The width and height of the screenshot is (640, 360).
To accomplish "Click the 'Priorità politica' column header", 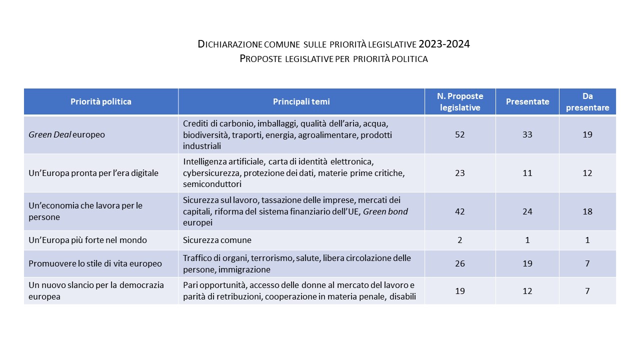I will pos(101,101).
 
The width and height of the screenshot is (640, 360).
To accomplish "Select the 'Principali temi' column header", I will pos(301,101).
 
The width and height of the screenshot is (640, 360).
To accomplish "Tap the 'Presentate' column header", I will pos(527,101).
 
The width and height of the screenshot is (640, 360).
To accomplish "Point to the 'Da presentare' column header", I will pos(587,101).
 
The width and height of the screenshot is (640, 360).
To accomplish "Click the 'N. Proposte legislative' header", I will pos(460,101).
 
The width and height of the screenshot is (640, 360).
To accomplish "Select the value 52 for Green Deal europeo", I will pos(460,134).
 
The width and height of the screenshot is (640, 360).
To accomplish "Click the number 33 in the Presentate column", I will pos(527,134).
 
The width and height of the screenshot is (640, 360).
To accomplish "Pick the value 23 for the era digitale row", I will pos(460,173).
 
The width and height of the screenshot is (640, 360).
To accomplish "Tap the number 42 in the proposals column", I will pos(460,211).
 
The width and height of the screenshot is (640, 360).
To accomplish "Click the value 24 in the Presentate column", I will pos(527,211).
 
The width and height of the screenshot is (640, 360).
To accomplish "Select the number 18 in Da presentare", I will pos(587,211).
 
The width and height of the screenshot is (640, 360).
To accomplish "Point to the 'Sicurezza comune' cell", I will pos(217,240).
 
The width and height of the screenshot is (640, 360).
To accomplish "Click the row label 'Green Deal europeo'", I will pos(66,134).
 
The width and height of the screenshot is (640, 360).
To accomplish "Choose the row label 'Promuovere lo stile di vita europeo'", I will pos(95,263).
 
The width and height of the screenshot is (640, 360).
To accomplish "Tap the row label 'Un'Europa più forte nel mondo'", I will pos(87,240).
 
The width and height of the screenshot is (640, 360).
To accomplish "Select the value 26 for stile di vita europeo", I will pos(460,263).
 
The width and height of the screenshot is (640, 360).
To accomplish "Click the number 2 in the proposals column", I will pos(460,240).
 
